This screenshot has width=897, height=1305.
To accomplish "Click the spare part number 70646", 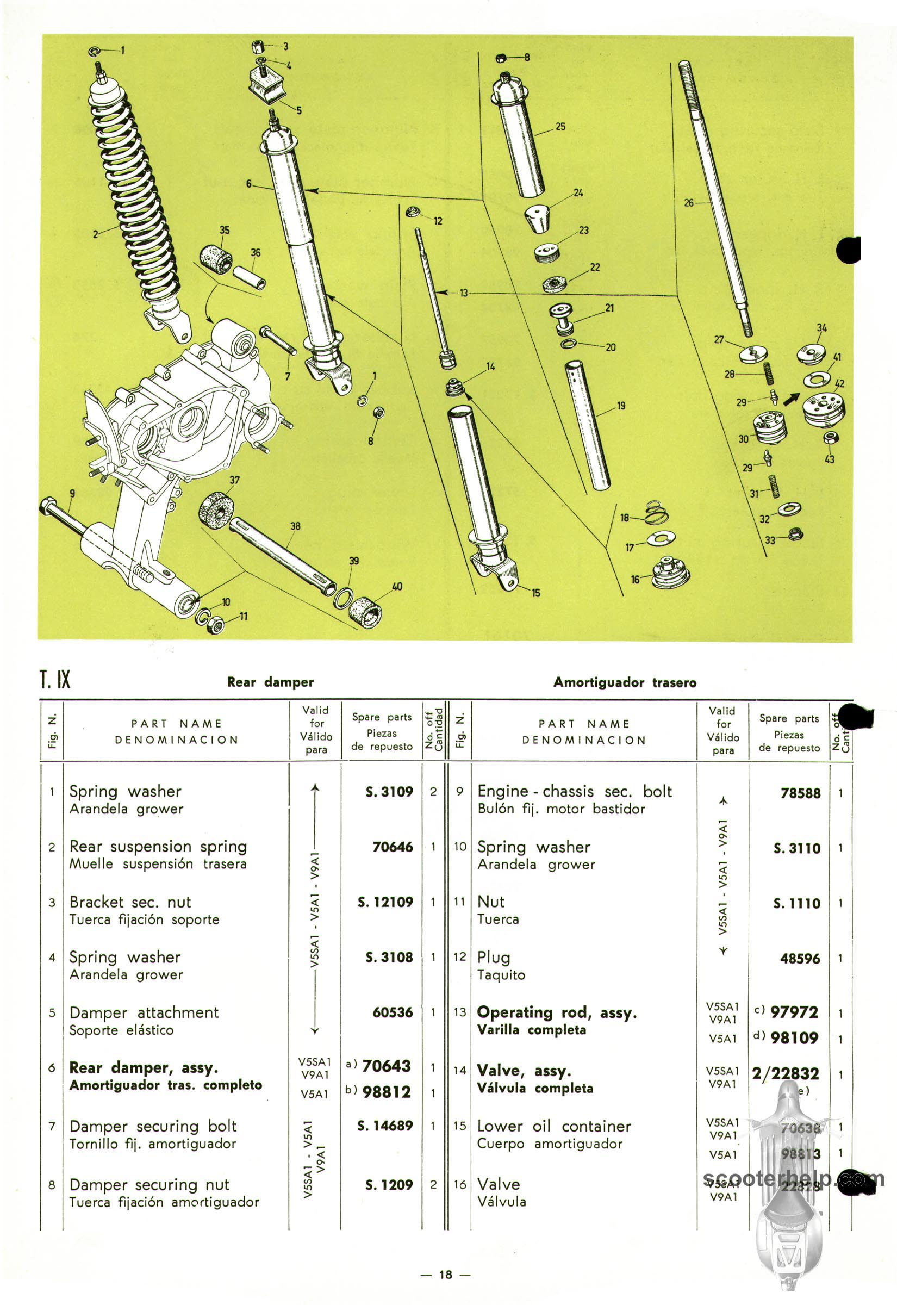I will tap(393, 847).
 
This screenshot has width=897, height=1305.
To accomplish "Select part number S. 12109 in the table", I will tap(385, 902).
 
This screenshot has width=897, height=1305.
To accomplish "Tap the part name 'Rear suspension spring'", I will tap(158, 847).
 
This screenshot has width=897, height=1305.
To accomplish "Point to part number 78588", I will tap(800, 793).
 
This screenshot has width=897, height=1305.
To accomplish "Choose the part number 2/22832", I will tap(785, 1073).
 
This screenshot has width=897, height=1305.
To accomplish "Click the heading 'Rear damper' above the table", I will tap(270, 682).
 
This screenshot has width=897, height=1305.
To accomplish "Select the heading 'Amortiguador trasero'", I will tap(625, 682).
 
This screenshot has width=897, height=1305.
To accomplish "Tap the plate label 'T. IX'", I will tap(55, 680).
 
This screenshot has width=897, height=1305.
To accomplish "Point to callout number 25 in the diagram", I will tap(560, 127).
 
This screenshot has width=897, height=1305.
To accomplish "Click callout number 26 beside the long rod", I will tap(689, 203).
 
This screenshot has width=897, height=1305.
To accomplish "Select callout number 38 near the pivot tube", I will tap(295, 526).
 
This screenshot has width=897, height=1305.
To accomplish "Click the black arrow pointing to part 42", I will tap(792, 398).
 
